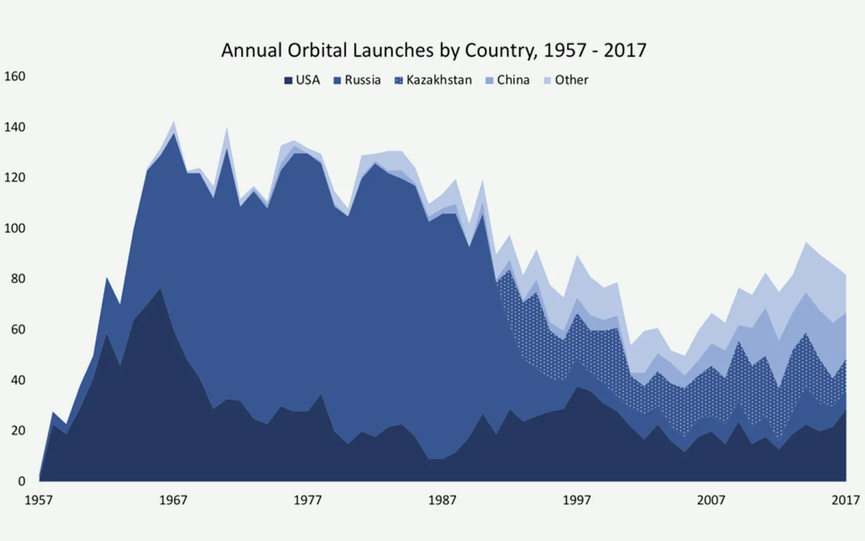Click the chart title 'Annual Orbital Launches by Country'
click(x=434, y=50)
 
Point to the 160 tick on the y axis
click(x=15, y=76)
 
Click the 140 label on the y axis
click(x=15, y=127)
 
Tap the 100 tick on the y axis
click(x=15, y=228)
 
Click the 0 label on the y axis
click(x=22, y=481)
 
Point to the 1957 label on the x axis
click(x=39, y=500)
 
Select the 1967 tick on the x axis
click(x=173, y=500)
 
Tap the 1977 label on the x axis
click(x=308, y=500)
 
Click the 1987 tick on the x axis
click(x=442, y=500)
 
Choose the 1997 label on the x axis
click(x=577, y=500)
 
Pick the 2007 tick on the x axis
click(x=711, y=500)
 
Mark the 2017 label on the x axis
click(x=846, y=500)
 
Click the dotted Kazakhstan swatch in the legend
click(x=399, y=81)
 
